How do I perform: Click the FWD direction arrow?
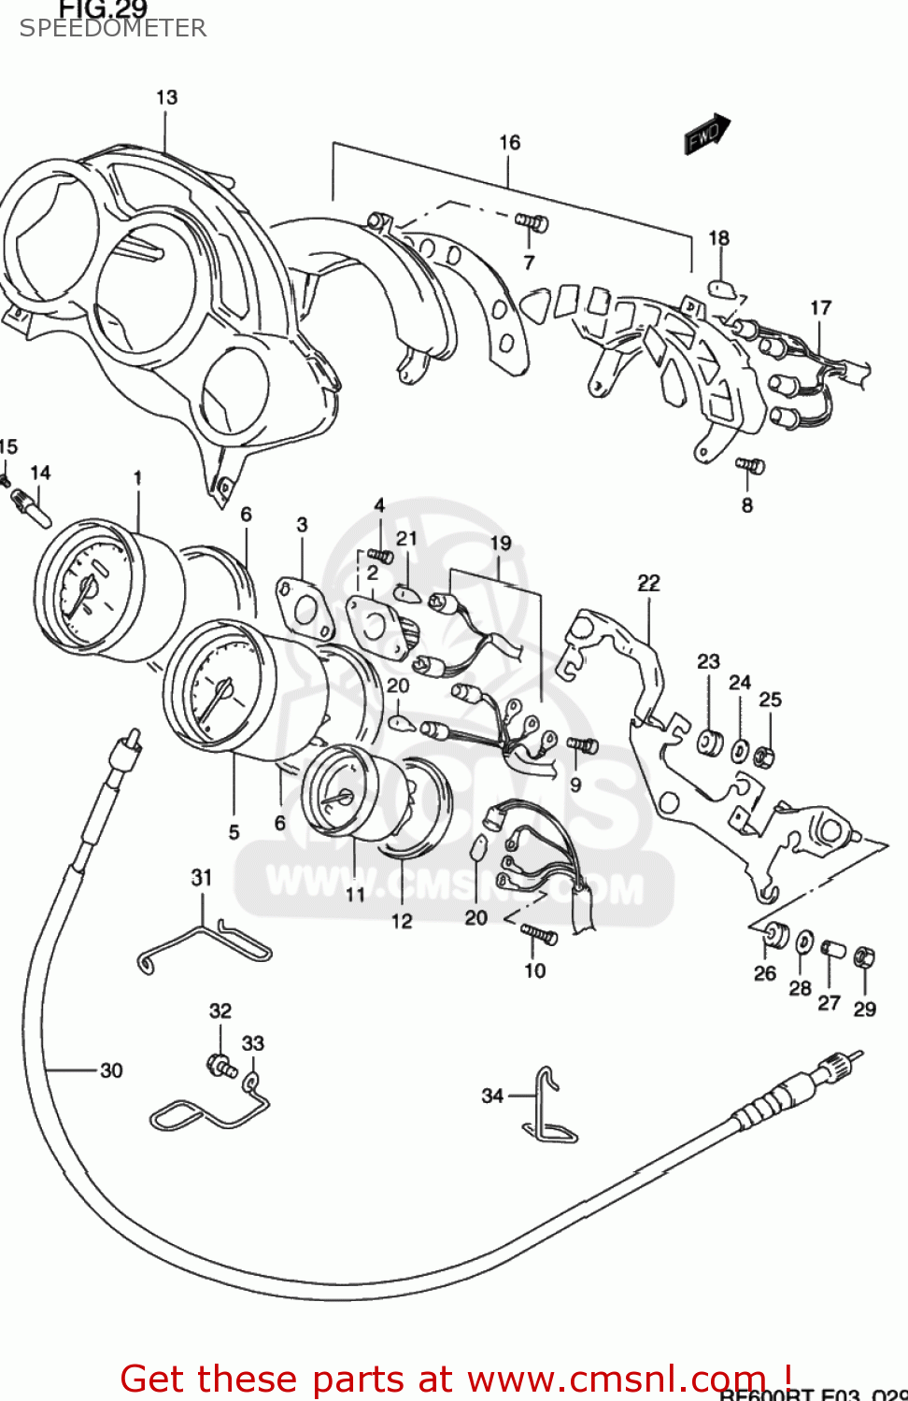[x=706, y=134]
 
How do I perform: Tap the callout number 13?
[x=166, y=97]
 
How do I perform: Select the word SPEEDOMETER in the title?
[x=113, y=28]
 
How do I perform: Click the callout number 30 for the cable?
[x=111, y=1070]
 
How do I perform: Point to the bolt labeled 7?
[x=532, y=223]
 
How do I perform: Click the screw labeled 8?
[x=749, y=464]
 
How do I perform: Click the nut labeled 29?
[x=865, y=957]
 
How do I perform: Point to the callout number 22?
[x=648, y=583]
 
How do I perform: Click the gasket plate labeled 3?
[x=304, y=609]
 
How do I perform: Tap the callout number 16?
[x=509, y=142]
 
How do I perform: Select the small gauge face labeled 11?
[x=336, y=794]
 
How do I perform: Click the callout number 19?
[x=501, y=543]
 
